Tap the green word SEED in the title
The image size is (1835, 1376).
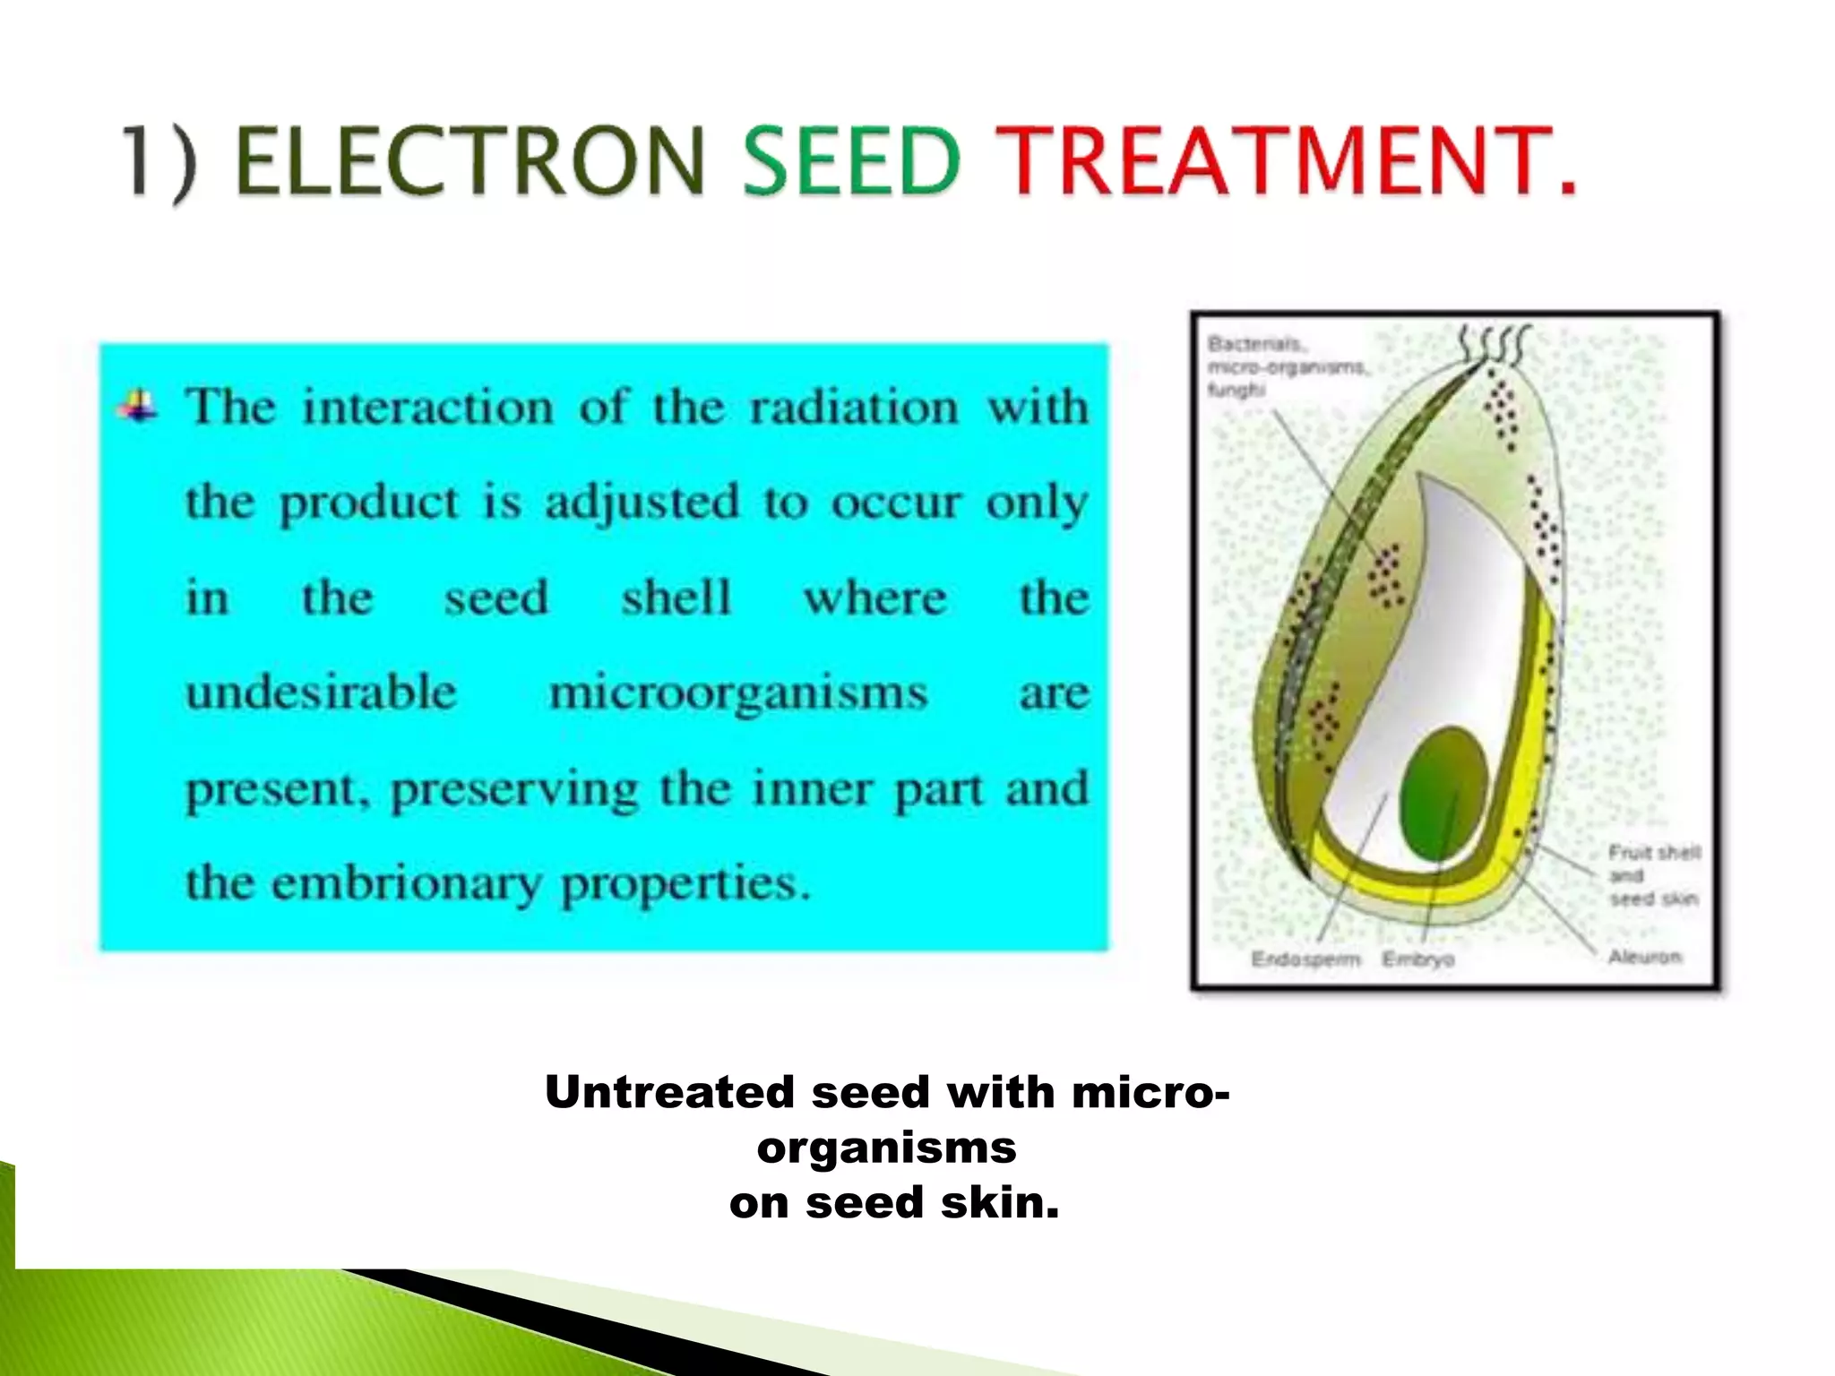(x=852, y=161)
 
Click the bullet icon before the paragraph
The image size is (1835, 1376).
(x=138, y=407)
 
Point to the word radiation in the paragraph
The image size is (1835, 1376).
(x=854, y=408)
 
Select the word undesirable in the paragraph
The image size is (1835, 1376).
(x=322, y=693)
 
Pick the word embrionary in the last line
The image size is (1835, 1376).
(x=407, y=883)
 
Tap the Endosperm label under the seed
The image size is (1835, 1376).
(x=1305, y=959)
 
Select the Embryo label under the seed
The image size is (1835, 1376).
(x=1417, y=959)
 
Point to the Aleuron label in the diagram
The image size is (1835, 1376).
(x=1644, y=957)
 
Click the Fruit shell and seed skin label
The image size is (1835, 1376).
(x=1653, y=875)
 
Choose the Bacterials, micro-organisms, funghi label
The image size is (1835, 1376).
(x=1285, y=366)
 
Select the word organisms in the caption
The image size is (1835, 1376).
(x=886, y=1148)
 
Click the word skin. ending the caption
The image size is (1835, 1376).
(x=999, y=1203)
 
